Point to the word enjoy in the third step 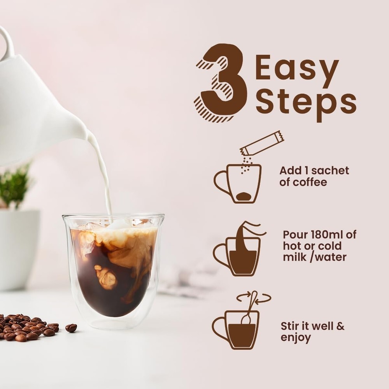[x=296, y=338]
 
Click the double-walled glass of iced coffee [x=113, y=268]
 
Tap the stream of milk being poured [x=103, y=175]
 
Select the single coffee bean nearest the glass [x=71, y=328]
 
